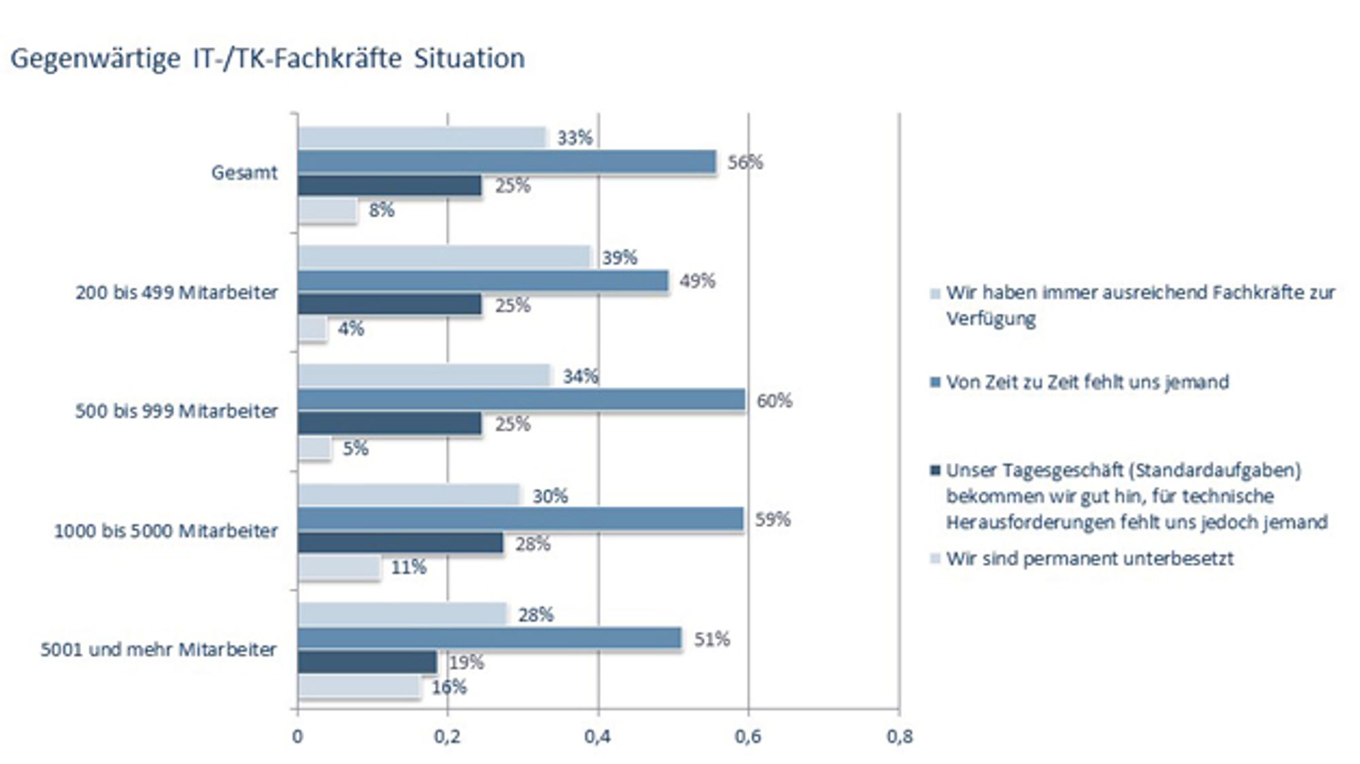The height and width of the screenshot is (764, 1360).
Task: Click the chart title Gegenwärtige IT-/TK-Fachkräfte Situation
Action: pos(268,58)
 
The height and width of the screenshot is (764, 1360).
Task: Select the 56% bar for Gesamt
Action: pos(507,162)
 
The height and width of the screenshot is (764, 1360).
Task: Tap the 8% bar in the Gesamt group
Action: pos(328,210)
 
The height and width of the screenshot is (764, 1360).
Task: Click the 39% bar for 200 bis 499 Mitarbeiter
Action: pos(445,257)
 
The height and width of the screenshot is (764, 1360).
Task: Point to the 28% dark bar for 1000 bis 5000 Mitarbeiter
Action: pos(401,542)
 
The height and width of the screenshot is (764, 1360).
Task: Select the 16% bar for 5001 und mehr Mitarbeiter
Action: pos(360,686)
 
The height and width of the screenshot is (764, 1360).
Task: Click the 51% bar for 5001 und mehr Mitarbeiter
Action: pos(490,638)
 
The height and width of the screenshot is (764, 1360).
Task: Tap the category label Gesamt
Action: pos(244,173)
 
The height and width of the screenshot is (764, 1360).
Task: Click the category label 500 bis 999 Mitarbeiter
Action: pos(176,411)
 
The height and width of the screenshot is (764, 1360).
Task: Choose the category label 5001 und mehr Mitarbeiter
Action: pos(158,650)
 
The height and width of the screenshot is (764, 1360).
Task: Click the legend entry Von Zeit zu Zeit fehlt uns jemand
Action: pos(1087,382)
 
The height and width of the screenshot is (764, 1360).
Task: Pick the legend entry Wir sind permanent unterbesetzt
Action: pos(1089,559)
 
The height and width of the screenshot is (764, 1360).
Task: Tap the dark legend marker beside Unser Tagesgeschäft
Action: pos(936,470)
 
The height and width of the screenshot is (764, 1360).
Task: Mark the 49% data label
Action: pos(697,281)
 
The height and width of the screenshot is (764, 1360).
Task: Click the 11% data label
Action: pos(408,567)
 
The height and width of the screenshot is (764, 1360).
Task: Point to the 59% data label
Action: pos(773,520)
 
